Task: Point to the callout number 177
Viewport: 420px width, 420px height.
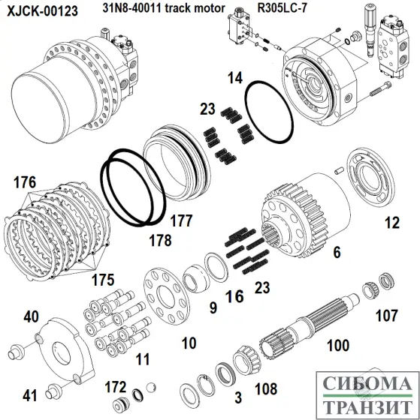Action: [180, 220]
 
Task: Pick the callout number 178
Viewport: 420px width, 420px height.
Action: [159, 241]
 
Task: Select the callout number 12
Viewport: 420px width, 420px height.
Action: [391, 222]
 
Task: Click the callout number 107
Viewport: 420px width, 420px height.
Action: [386, 316]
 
